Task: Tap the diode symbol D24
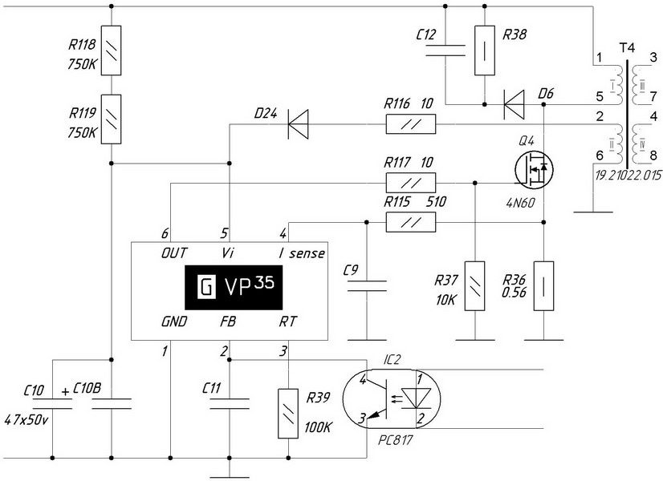tap(299, 124)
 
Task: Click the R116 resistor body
tap(411, 124)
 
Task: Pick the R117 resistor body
tap(411, 183)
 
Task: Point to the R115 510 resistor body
tap(411, 222)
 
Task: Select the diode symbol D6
tap(513, 100)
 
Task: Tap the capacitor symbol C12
tap(445, 51)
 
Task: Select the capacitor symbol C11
tap(230, 405)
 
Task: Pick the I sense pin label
tap(302, 254)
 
